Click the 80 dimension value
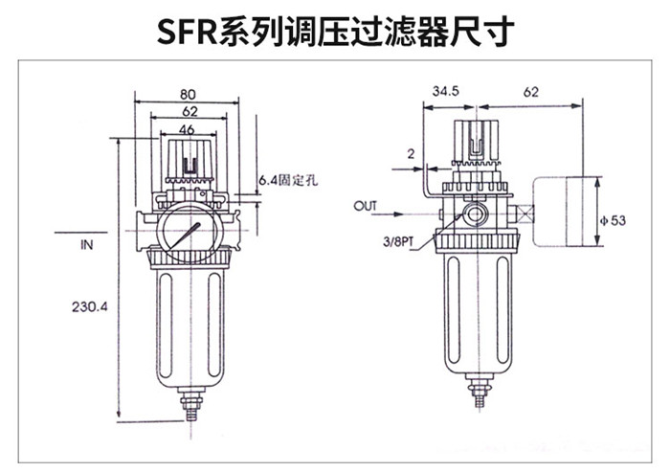tap(188, 95)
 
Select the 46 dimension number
tap(188, 128)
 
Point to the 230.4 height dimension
tap(92, 307)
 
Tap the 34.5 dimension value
tap(446, 92)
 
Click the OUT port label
tap(366, 206)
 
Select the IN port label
tap(86, 245)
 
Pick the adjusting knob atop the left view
tap(188, 158)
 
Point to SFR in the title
tap(188, 34)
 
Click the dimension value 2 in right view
tap(410, 153)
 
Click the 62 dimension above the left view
tap(188, 112)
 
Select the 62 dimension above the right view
tap(532, 92)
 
